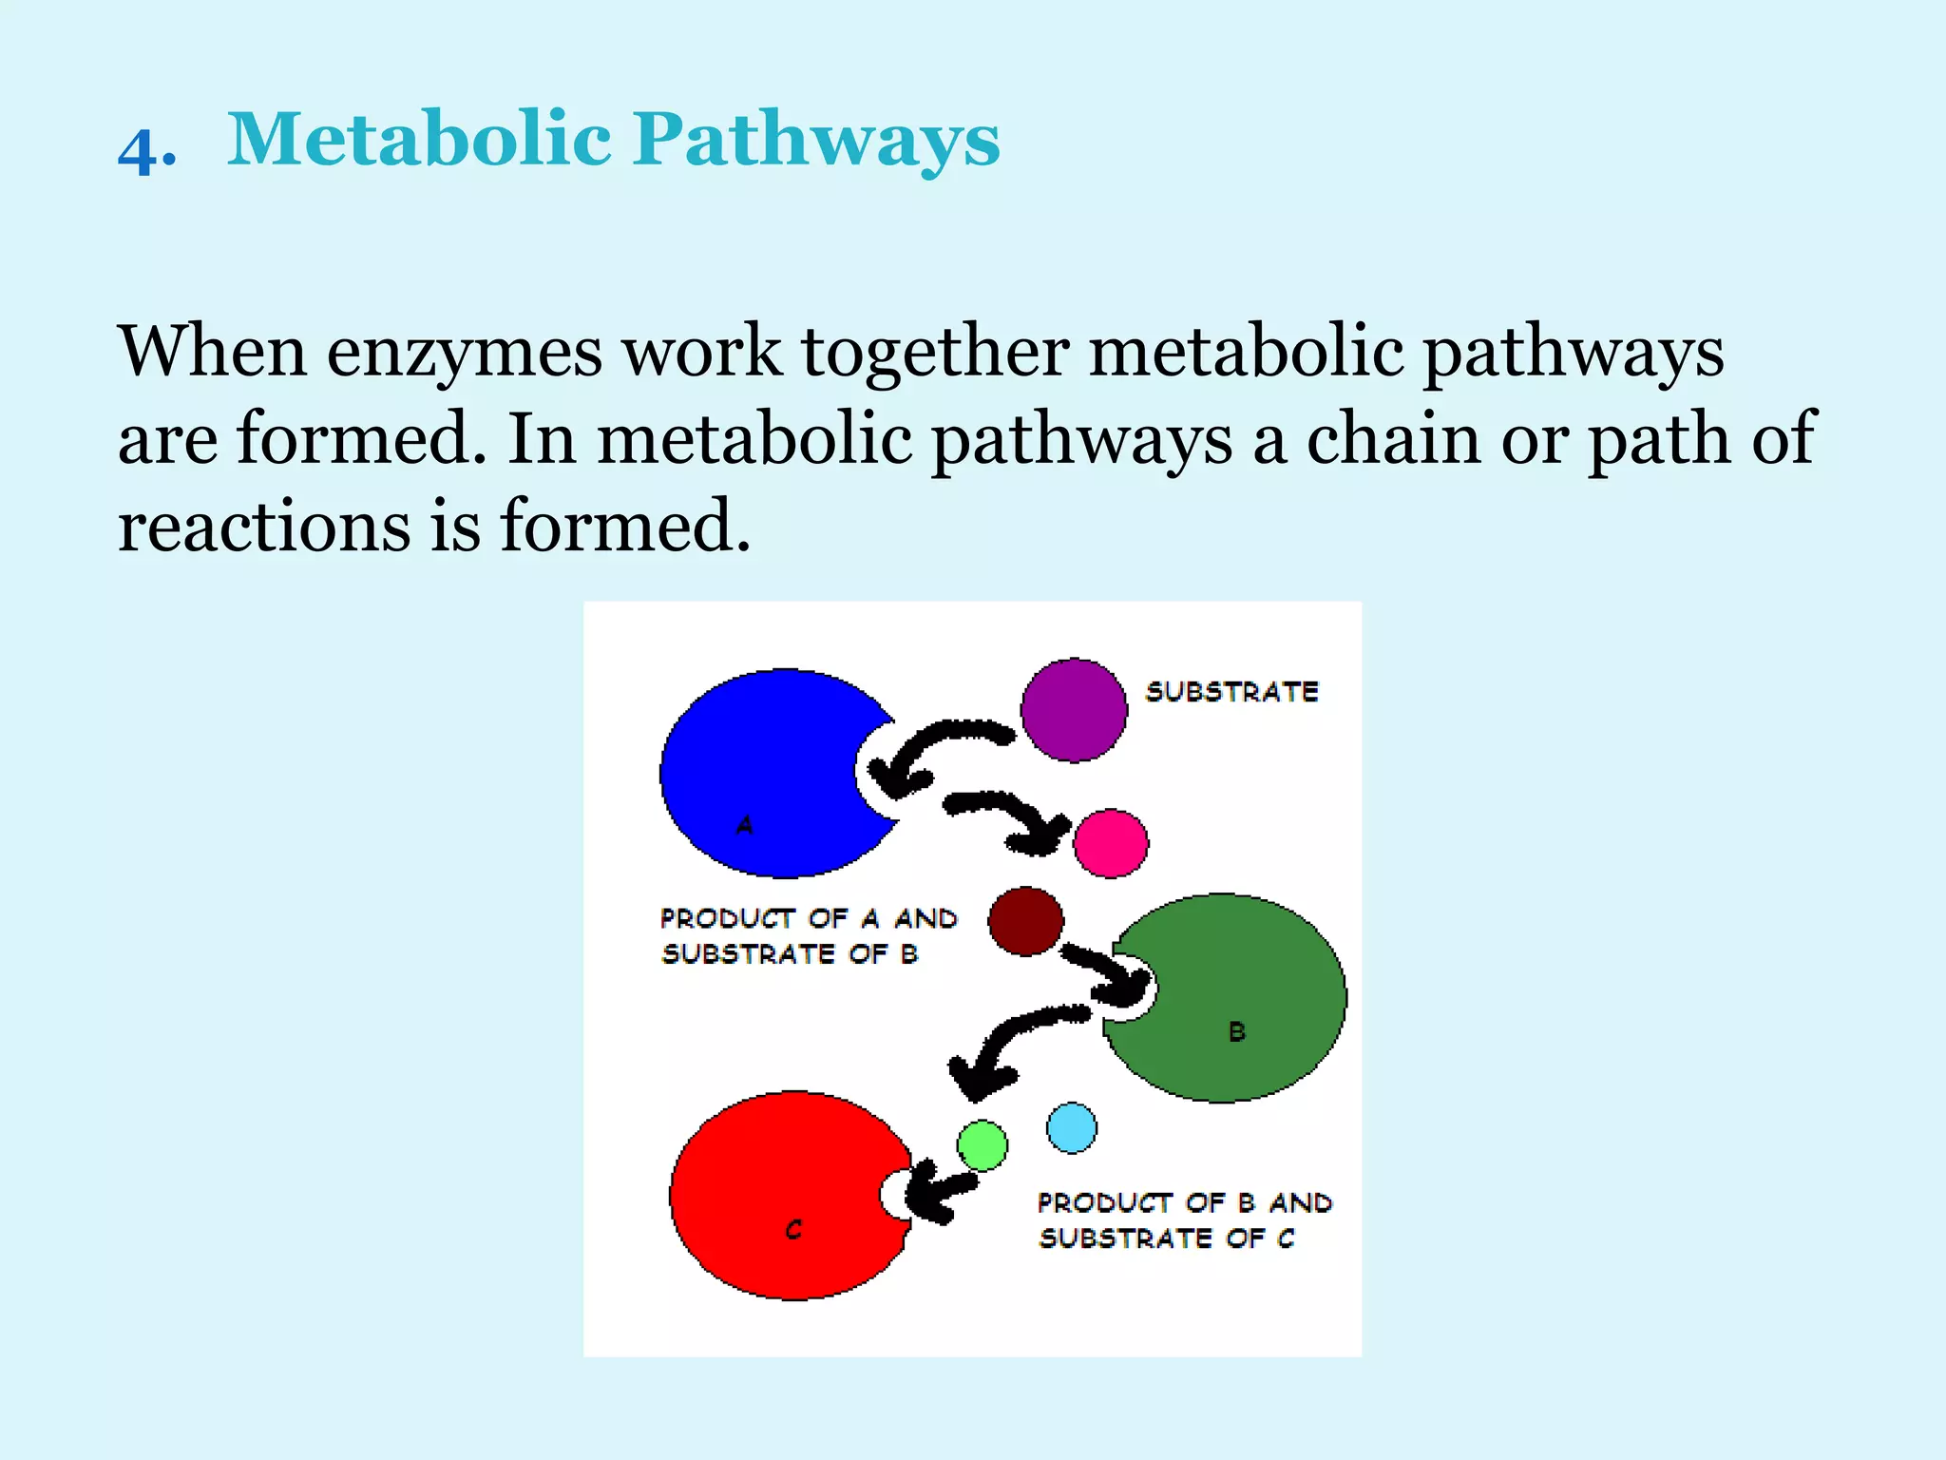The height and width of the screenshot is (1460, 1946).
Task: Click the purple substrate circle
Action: [1074, 710]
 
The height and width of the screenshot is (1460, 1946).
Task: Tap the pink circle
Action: [1110, 843]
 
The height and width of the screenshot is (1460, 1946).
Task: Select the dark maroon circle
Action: [1025, 921]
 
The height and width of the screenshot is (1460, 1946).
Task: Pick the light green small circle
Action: [982, 1145]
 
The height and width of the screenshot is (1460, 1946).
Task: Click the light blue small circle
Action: [1071, 1128]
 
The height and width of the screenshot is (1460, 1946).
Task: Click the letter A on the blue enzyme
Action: [745, 825]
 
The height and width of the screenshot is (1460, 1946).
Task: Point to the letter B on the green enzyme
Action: [1236, 1031]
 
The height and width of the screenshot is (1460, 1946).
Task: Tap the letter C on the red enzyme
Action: [794, 1230]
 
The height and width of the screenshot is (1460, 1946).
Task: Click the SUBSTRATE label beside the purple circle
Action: [1231, 692]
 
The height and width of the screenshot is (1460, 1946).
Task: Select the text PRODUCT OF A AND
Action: [809, 918]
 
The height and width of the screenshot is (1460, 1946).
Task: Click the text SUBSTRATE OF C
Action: [1166, 1239]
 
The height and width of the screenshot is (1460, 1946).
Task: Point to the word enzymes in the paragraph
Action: [465, 352]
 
